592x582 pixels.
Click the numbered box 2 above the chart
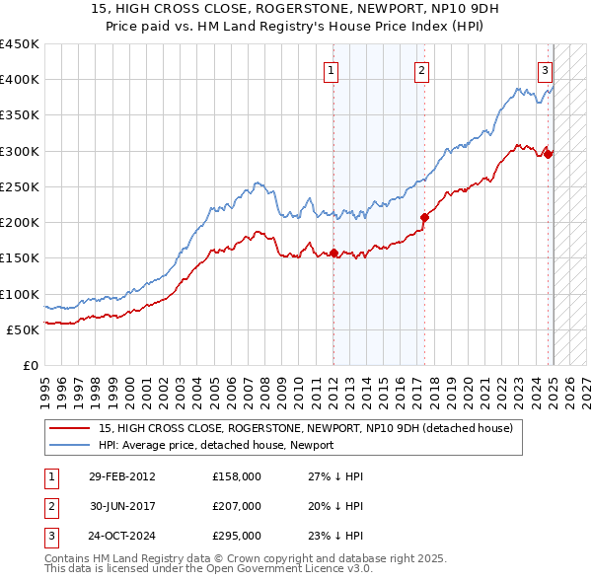[421, 70]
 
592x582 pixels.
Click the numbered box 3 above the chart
[545, 70]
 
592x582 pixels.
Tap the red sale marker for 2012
[333, 253]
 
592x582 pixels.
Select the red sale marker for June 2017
[424, 217]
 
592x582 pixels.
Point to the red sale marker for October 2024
[549, 154]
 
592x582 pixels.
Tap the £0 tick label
[29, 365]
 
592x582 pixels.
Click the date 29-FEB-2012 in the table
[122, 476]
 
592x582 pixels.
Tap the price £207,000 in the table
[236, 506]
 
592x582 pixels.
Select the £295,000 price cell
[236, 536]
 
